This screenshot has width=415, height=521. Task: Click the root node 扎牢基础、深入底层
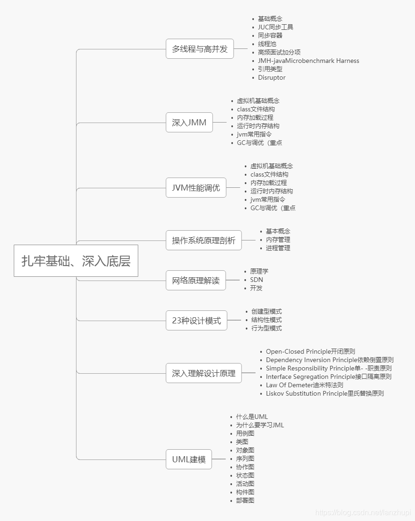coord(76,261)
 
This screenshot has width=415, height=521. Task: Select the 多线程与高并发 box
coord(200,49)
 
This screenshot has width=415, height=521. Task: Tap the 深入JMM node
coord(189,123)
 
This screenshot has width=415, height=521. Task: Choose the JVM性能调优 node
coord(196,188)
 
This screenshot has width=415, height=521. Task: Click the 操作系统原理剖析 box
coord(204,240)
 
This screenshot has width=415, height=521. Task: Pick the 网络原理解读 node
coord(196,281)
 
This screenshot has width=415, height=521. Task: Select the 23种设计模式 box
coord(196,321)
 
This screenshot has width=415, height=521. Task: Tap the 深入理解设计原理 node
coord(204,373)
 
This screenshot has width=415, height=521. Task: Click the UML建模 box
coord(189,459)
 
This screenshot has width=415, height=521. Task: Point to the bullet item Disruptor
coord(271,78)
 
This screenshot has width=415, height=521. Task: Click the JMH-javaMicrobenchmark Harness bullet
coord(308,61)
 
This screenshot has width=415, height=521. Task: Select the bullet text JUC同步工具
coord(276,27)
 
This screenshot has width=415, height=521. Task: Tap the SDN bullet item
coord(256,280)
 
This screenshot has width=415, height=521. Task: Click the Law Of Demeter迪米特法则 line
coord(304,385)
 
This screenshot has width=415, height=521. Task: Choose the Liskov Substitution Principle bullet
coord(325,393)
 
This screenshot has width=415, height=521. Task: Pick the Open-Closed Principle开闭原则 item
coord(311,351)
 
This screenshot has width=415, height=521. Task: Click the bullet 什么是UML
coord(252,417)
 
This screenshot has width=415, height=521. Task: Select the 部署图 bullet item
coord(245,500)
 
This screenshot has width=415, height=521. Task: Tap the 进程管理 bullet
coord(278,248)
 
